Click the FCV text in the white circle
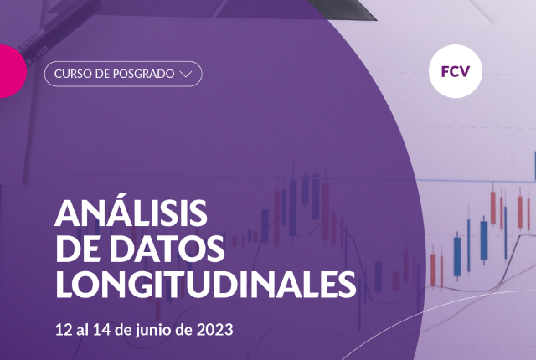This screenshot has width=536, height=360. (456, 71)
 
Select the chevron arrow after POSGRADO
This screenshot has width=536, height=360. (186, 75)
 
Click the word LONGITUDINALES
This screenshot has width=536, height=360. (206, 285)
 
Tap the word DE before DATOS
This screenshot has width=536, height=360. (80, 249)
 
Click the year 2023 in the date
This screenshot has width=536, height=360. (215, 330)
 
